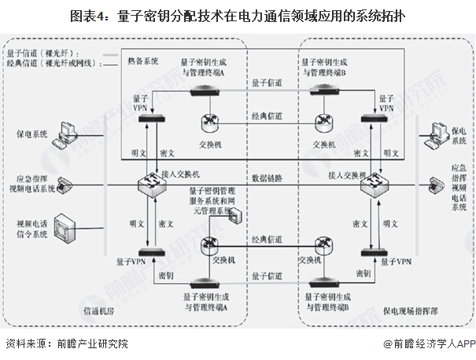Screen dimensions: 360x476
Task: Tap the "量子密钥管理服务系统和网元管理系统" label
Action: pyautogui.click(x=212, y=200)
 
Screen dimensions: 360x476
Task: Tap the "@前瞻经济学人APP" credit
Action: pyautogui.click(x=430, y=343)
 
